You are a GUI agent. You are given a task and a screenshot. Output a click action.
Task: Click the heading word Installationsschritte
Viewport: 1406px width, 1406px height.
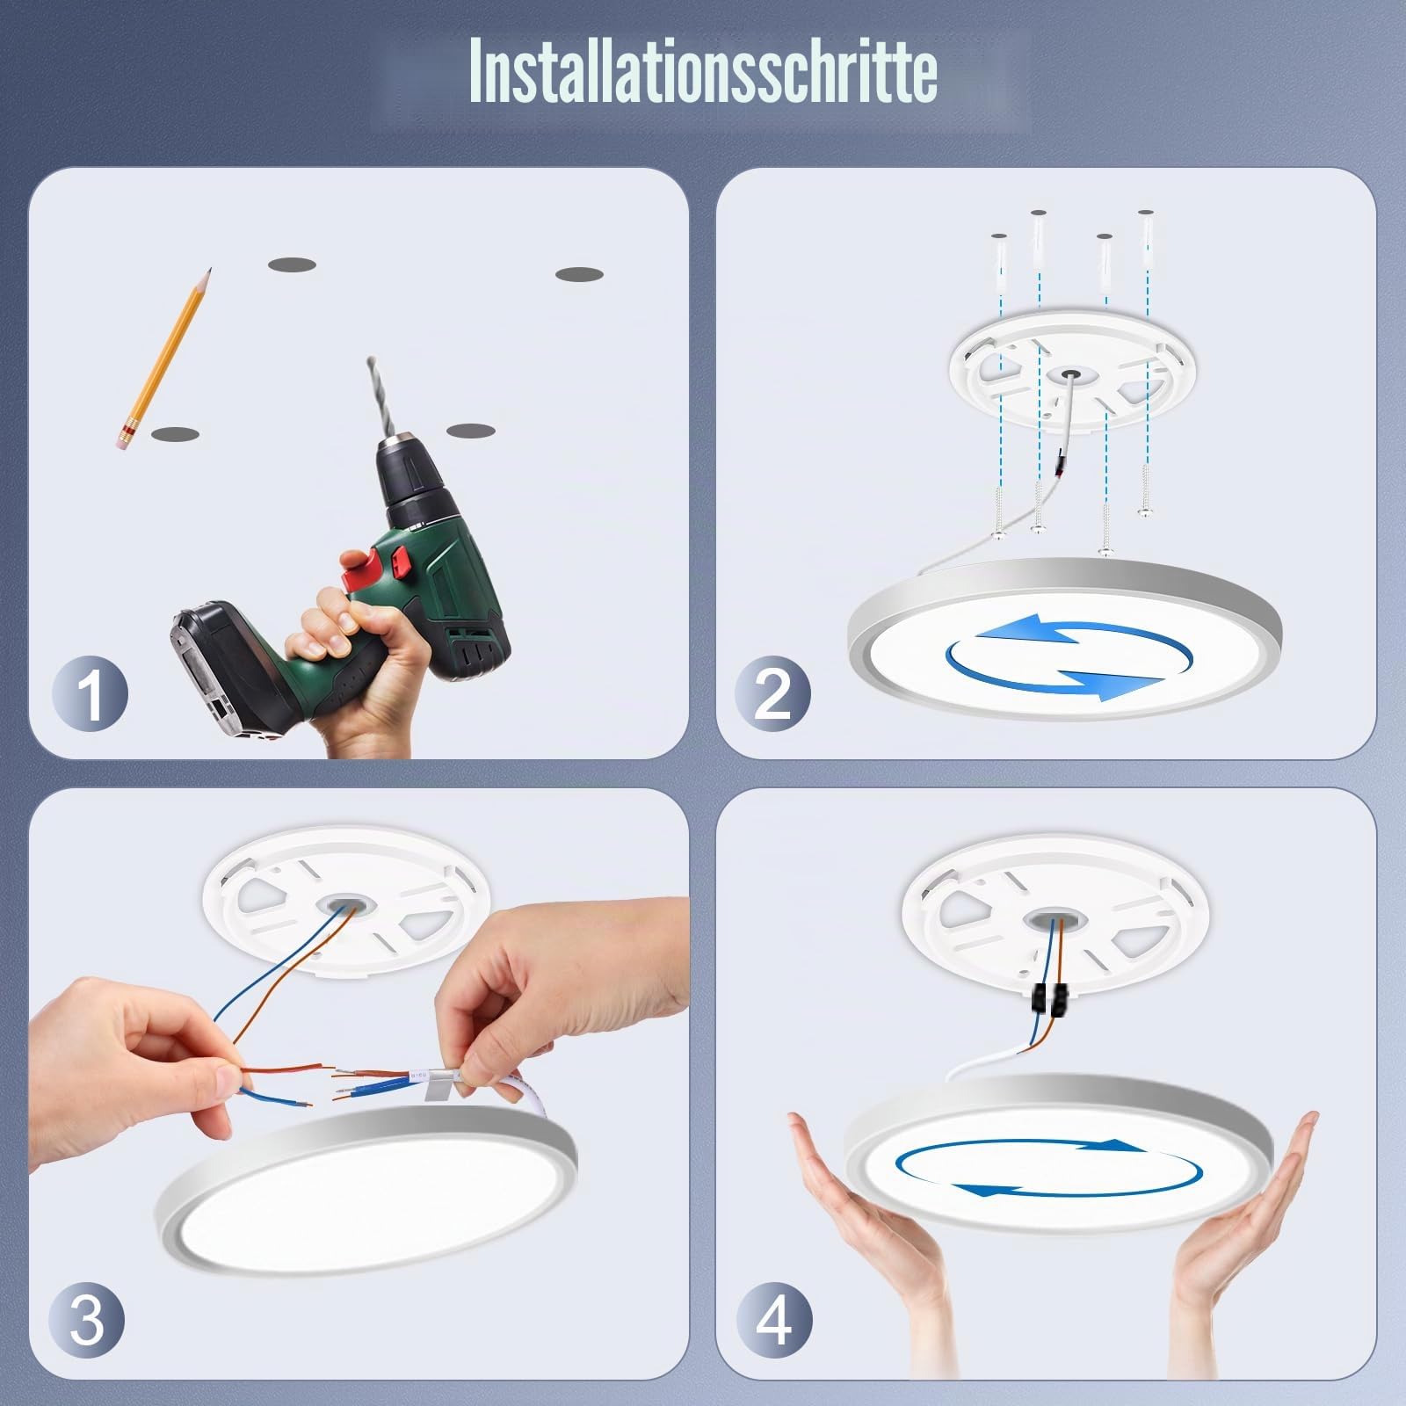(703, 70)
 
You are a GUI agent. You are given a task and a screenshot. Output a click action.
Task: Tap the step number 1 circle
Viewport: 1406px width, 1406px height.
(90, 694)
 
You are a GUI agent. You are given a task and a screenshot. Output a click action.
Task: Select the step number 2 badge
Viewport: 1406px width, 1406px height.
(773, 694)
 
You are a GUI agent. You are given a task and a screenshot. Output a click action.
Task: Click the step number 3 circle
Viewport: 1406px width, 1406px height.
(86, 1320)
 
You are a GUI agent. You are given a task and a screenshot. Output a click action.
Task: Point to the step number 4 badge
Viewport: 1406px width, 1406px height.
(773, 1320)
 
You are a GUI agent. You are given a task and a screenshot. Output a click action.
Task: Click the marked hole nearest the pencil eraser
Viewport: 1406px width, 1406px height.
(175, 434)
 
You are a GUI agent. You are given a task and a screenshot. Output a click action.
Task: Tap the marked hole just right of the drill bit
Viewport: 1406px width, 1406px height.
(472, 431)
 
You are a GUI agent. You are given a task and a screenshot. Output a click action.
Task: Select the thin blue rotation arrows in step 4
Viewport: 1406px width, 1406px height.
(1049, 1167)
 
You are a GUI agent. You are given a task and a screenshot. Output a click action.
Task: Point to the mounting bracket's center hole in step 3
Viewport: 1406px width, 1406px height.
(343, 908)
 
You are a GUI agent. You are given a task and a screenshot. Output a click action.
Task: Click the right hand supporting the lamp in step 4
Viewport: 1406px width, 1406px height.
(1239, 1230)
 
